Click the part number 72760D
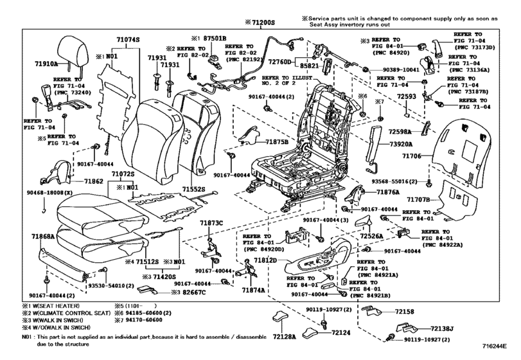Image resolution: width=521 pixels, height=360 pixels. coord(280,62)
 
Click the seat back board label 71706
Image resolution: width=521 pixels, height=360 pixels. coord(410,156)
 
